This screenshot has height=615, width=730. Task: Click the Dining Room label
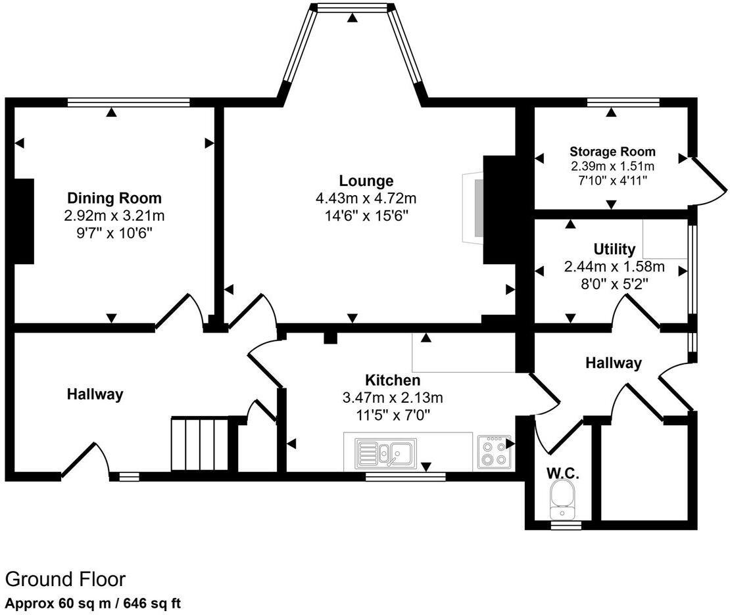tap(114, 198)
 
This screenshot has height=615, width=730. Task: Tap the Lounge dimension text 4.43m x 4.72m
tap(366, 198)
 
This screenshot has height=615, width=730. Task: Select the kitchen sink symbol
tap(384, 453)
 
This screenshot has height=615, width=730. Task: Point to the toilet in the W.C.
tap(562, 497)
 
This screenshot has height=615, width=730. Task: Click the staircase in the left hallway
tap(200, 444)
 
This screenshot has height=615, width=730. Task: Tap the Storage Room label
tap(612, 152)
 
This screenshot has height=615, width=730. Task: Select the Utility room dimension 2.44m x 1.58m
tap(614, 267)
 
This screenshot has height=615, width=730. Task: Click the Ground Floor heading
tap(65, 579)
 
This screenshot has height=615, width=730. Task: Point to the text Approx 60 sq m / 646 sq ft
tap(93, 603)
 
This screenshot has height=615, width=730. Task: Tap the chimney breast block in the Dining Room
tap(24, 221)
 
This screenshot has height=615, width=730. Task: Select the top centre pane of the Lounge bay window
tap(353, 7)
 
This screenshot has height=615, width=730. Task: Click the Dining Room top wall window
tap(128, 102)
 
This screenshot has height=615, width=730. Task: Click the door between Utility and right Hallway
tap(635, 311)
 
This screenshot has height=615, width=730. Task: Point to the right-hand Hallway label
tap(613, 363)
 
